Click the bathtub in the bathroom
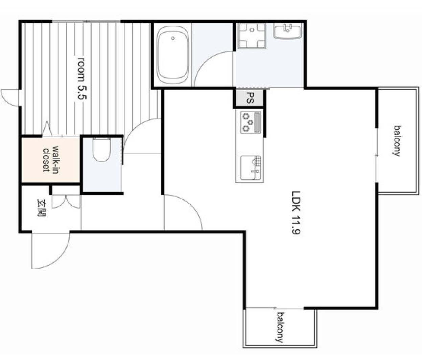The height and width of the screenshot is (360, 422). pos(173,56)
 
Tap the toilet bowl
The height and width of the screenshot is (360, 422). pos(101,151)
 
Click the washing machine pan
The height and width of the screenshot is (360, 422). pos(252,36)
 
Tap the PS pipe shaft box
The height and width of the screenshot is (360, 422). pos(250,98)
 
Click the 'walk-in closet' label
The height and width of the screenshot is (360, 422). pos(51,159)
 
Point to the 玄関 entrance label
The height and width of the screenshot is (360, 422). pos(42,208)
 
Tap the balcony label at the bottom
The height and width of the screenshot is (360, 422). pos(280,327)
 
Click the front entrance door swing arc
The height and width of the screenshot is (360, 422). pos(51,252)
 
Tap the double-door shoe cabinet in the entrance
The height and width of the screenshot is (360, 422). pos(66,201)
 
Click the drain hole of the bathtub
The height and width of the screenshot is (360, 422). pos(173,38)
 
